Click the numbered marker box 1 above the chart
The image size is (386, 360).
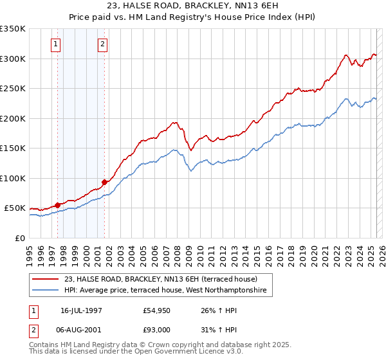[56, 44]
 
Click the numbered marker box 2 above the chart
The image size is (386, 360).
[102, 44]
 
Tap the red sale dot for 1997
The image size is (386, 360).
[57, 205]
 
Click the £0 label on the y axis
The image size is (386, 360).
[18, 238]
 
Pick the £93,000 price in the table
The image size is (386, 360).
[158, 330]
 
